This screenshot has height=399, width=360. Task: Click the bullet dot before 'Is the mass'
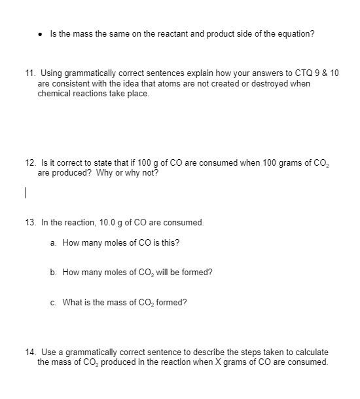(42, 33)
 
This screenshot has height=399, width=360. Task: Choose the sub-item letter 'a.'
(53, 243)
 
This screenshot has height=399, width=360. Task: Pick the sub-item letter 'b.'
(53, 273)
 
